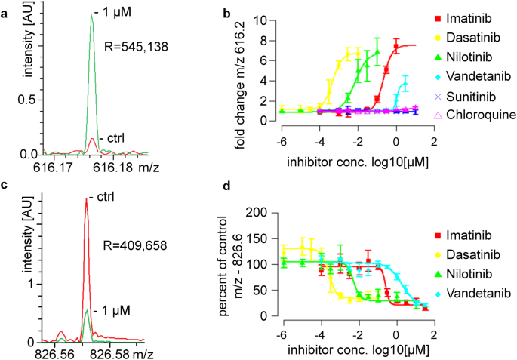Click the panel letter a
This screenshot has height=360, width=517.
tap(5, 14)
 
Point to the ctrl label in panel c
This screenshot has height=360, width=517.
tap(99, 198)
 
